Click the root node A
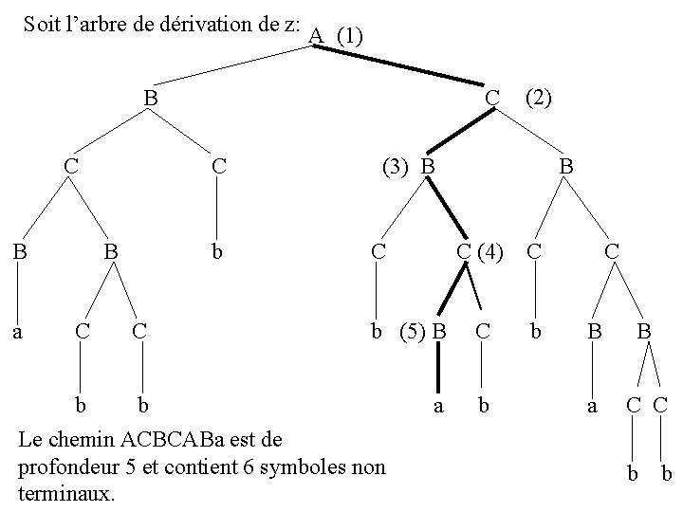pos(316,36)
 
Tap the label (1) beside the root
pos(348,36)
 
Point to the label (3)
pos(395,166)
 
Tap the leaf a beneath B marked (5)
pos(437,407)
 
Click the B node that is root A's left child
pos(150,97)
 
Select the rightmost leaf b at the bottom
pos(666,473)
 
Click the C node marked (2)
pos(491,97)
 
